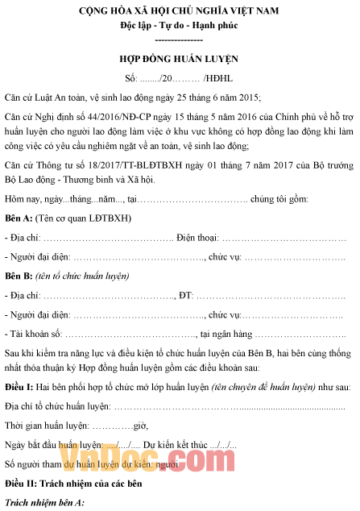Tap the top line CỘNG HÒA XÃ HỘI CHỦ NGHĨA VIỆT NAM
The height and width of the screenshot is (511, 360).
coord(178,10)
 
